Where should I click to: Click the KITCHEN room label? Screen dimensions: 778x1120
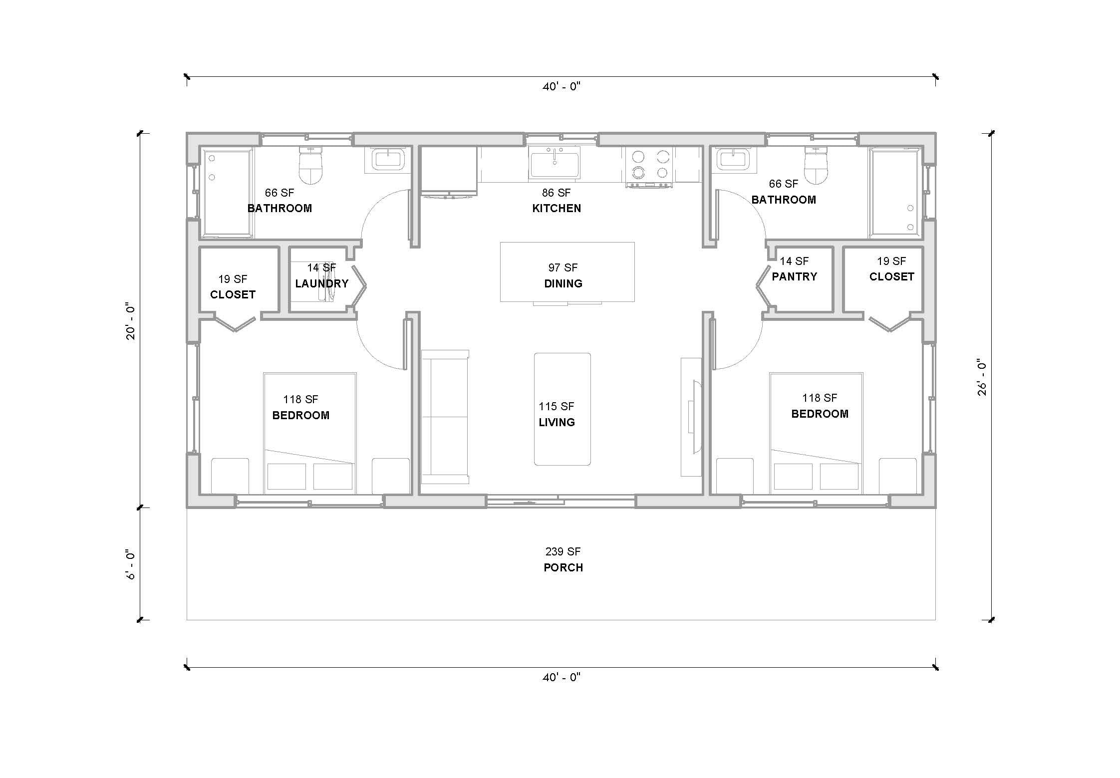click(x=557, y=208)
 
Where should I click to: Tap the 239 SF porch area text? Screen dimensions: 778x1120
click(x=562, y=551)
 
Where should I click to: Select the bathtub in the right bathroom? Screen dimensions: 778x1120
click(x=895, y=193)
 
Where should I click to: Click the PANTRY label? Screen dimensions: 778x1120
click(x=794, y=276)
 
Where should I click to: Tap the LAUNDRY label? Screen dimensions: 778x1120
click(x=321, y=283)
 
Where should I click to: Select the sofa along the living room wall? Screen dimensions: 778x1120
click(x=444, y=417)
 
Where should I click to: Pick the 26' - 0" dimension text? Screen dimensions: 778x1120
click(x=982, y=377)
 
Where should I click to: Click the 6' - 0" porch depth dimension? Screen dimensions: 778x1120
click(x=131, y=564)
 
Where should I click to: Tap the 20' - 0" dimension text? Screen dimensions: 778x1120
click(x=131, y=321)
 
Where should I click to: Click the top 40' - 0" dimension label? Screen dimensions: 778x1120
click(x=561, y=87)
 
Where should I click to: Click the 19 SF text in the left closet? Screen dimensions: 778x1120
click(x=232, y=279)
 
